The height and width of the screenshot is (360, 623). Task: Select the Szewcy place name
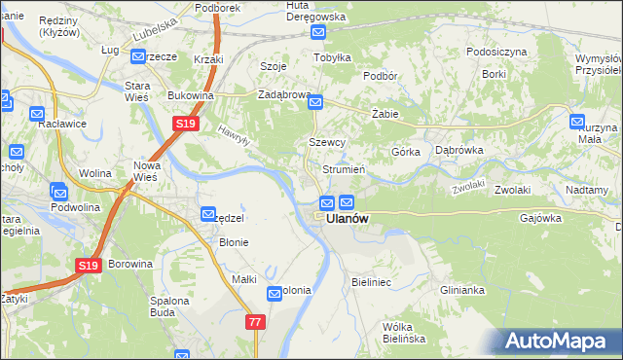pyautogui.click(x=327, y=142)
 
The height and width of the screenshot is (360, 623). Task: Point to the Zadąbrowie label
pyautogui.click(x=283, y=95)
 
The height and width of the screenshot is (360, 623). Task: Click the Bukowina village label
pyautogui.click(x=190, y=95)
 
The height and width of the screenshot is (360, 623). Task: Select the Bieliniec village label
pyautogui.click(x=370, y=281)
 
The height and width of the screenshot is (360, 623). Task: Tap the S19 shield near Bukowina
pyautogui.click(x=186, y=124)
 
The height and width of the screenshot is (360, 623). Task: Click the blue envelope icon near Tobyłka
pyautogui.click(x=319, y=33)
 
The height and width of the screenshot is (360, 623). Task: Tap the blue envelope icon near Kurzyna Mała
pyautogui.click(x=577, y=123)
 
